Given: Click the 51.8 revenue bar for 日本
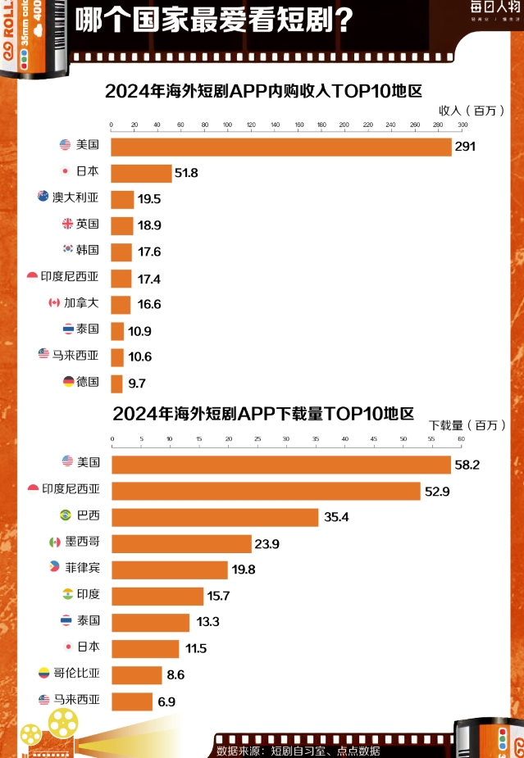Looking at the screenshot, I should (141, 173).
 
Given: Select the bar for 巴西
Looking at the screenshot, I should (215, 517).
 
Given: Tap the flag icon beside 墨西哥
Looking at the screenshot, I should (55, 542).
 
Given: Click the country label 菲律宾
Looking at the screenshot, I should (83, 569).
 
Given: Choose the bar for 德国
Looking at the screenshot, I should (116, 383).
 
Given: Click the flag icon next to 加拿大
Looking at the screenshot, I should (54, 303).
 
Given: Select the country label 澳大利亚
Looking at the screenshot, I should (75, 197).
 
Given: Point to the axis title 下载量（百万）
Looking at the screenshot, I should (463, 424).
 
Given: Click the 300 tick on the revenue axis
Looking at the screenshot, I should (462, 125).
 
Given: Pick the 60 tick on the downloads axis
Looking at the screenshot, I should (462, 439).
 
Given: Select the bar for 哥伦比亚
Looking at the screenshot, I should (137, 674).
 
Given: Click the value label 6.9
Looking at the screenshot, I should (166, 701).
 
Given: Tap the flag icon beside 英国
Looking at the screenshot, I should (68, 224).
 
